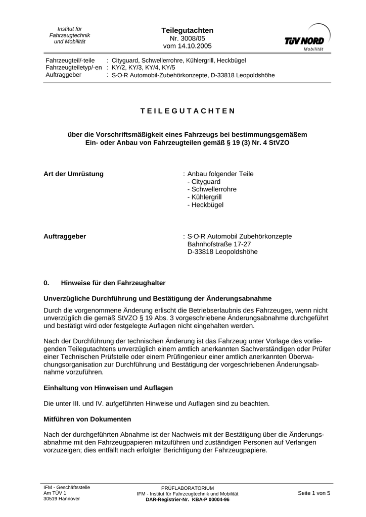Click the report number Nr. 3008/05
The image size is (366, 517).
pos(180,38)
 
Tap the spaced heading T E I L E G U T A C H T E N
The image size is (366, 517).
pos(188,111)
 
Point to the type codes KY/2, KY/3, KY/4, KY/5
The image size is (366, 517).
pos(144,68)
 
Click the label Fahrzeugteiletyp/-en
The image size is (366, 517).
pos(73,68)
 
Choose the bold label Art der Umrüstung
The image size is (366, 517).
pos(73,174)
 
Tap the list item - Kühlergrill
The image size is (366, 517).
pos(204,197)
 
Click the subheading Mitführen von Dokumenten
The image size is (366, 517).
pos(87,419)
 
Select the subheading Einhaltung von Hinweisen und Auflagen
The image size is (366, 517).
pos(108,388)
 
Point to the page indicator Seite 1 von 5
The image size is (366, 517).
pos(314,493)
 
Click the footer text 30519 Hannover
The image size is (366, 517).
pos(62,498)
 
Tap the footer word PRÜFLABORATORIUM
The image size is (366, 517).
pos(188,488)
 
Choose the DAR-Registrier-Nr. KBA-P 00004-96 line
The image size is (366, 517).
pos(188,499)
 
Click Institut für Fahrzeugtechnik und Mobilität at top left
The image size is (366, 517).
pos(70,35)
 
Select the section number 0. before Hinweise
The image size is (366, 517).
pos(47,283)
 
